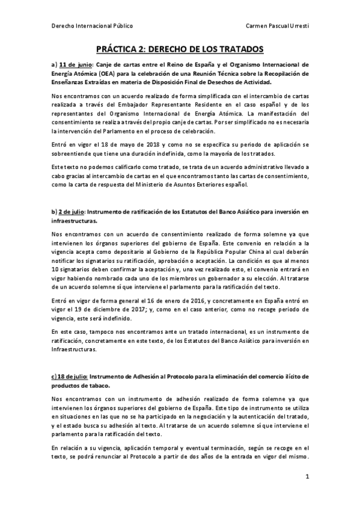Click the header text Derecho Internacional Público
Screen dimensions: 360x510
point(92,26)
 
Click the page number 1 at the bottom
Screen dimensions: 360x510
point(307,476)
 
